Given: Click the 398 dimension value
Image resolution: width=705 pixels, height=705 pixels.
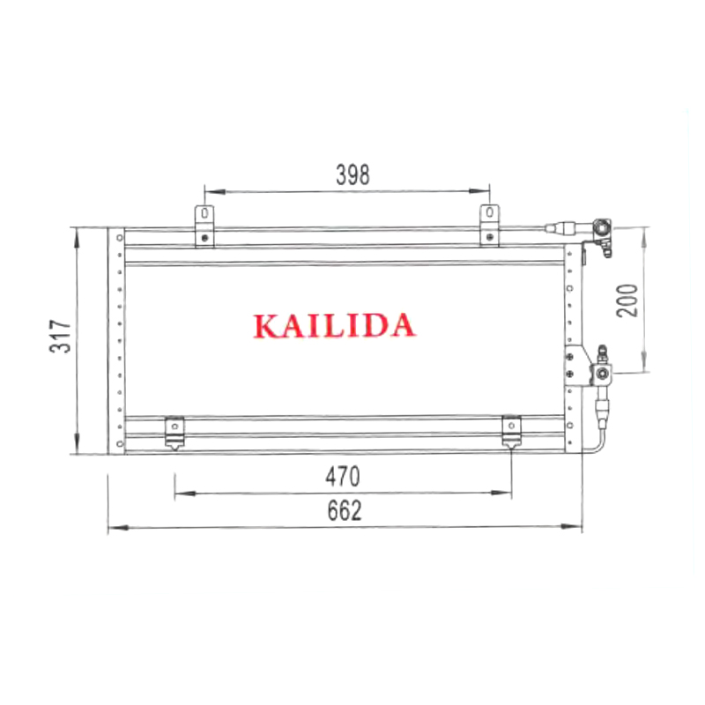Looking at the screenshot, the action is (353, 174).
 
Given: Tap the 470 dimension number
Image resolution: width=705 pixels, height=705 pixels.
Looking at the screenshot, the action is (343, 477).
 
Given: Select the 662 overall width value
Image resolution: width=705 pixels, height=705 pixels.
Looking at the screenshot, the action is (345, 510).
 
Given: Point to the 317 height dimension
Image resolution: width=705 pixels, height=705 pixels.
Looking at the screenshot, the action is (61, 336).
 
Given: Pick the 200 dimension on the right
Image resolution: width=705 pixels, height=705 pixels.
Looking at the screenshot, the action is (627, 301).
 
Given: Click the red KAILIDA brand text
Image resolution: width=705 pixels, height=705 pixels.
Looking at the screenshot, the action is (334, 325).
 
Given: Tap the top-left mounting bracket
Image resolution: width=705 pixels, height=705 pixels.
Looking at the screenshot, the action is (204, 226).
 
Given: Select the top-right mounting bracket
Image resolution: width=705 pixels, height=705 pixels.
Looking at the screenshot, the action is (490, 226).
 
